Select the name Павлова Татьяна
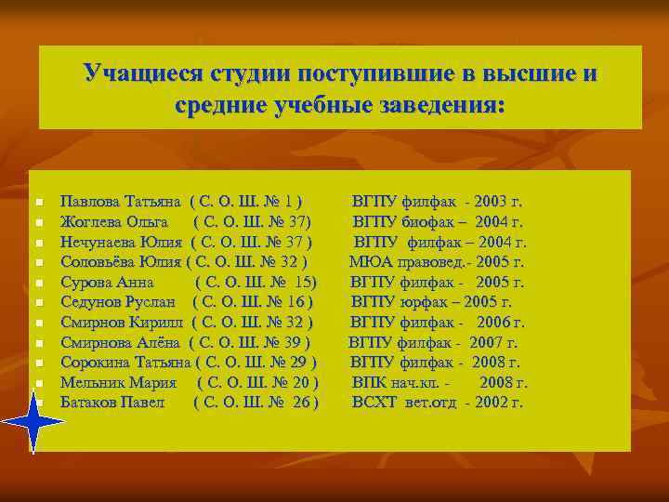(x=121, y=201)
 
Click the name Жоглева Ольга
(x=113, y=221)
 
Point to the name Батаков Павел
(x=111, y=403)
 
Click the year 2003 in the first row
(x=488, y=201)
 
